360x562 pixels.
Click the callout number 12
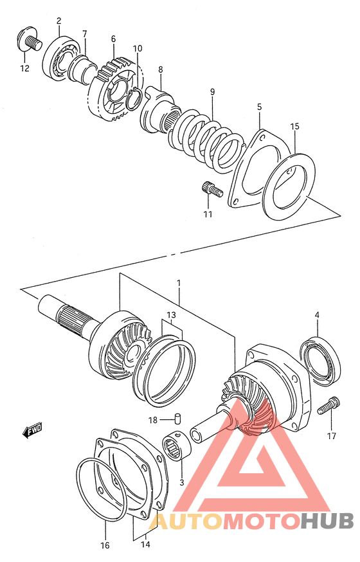(24, 69)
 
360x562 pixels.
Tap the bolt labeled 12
(30, 40)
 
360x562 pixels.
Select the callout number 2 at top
(59, 21)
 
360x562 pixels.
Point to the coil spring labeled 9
(209, 140)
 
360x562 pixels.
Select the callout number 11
(208, 213)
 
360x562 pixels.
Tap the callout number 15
(294, 127)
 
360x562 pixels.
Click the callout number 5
(260, 106)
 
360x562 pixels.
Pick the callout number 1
(179, 283)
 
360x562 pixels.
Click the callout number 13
(170, 314)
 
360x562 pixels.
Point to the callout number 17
(331, 437)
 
